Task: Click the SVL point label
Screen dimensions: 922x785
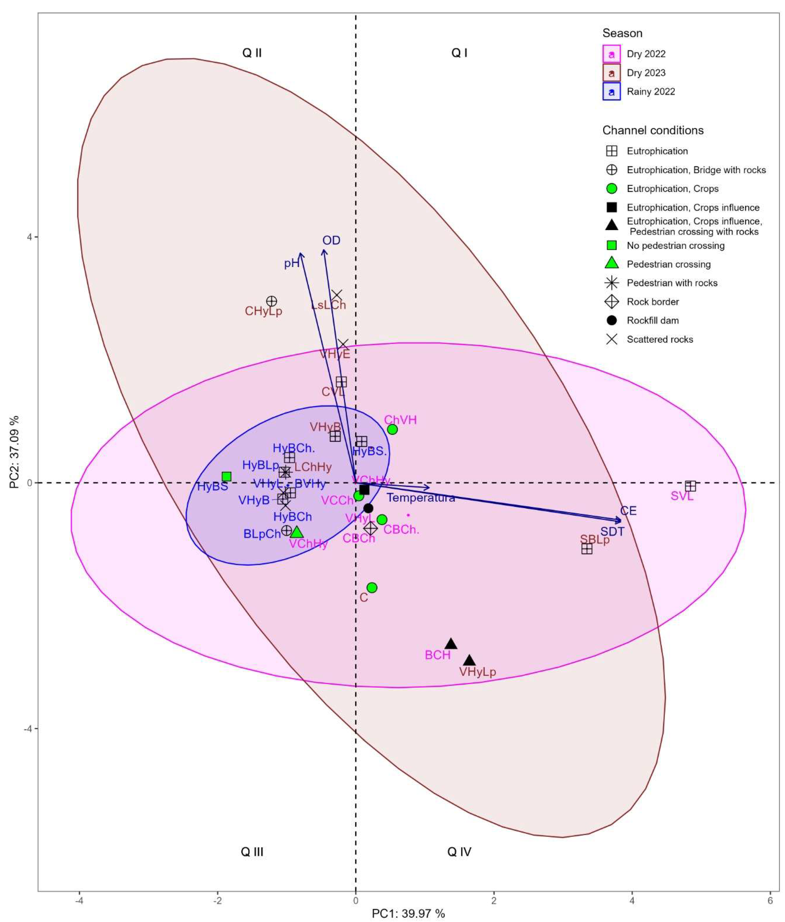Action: point(682,496)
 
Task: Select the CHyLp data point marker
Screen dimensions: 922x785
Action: point(272,301)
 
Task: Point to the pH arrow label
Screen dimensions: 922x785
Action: point(292,263)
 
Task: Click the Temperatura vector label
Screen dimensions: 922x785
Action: point(421,498)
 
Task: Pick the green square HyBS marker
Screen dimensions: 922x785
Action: point(227,477)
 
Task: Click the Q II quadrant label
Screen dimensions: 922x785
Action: point(252,53)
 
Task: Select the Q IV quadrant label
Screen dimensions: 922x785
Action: point(459,852)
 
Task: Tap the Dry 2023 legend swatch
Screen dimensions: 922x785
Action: point(611,73)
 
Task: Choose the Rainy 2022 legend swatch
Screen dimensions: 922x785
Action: point(611,92)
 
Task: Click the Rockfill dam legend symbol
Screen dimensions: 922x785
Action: point(612,320)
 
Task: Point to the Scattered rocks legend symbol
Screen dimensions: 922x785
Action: point(612,339)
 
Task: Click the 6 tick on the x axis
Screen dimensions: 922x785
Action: point(770,901)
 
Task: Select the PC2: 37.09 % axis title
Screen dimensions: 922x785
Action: point(14,452)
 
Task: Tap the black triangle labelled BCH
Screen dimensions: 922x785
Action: point(451,644)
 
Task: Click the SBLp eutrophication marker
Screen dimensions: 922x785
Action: point(587,549)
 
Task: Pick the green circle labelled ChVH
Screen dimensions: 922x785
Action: point(392,429)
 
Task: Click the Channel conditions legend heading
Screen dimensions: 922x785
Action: point(653,130)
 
